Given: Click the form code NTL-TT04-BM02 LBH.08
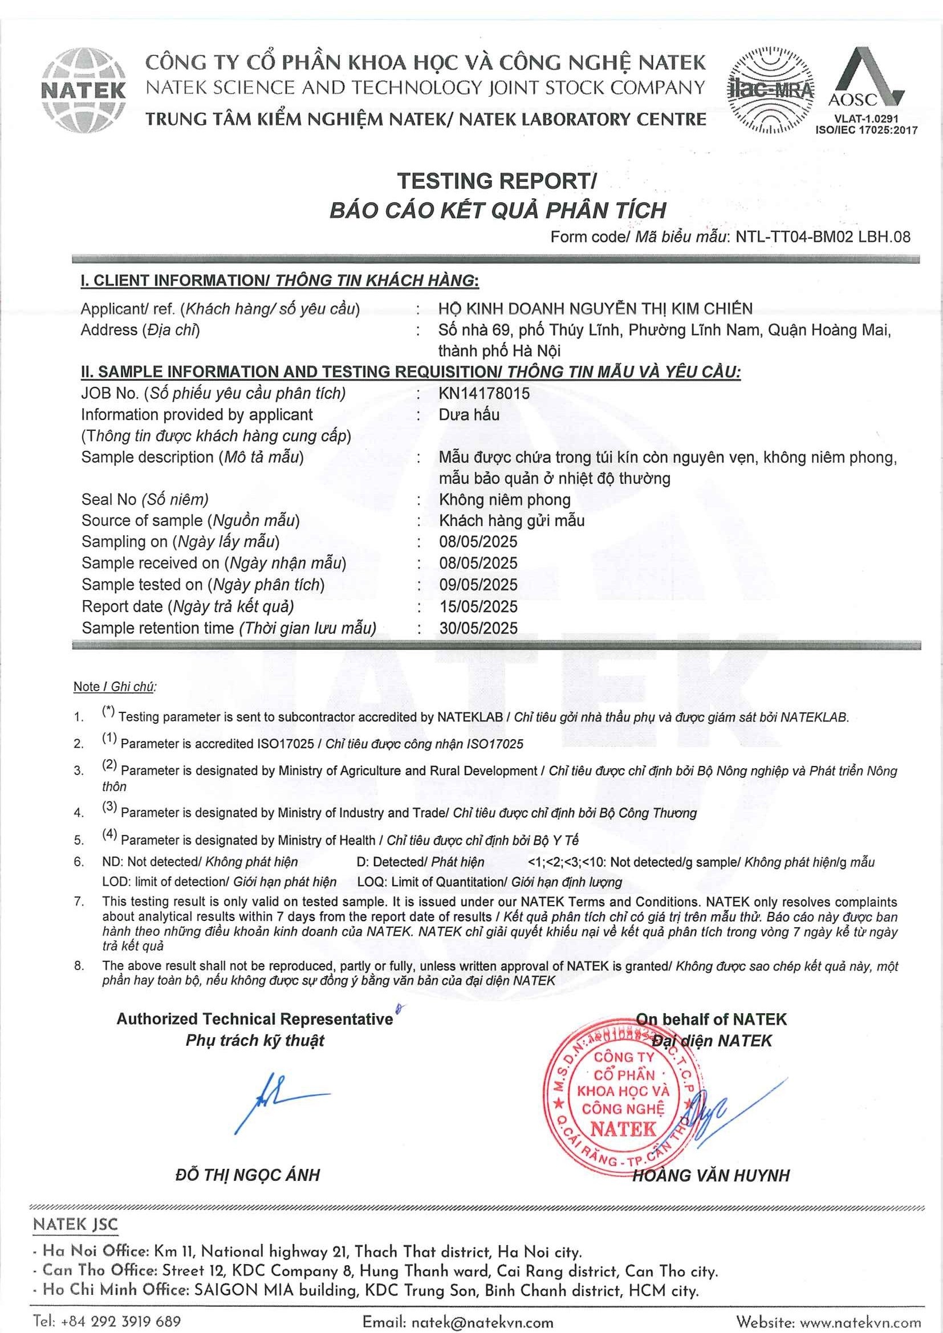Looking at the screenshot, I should tap(822, 237).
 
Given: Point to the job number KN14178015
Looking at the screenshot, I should tap(484, 394).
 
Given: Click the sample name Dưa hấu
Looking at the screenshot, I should tap(469, 414).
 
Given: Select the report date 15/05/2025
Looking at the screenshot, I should tap(478, 607).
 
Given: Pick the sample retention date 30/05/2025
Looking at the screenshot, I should tap(478, 628).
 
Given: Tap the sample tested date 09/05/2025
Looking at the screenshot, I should tap(478, 585).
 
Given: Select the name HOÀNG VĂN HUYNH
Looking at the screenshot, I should tap(711, 1176).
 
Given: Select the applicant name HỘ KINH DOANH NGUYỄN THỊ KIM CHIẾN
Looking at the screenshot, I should tap(595, 309).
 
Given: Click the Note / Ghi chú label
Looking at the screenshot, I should tap(115, 687).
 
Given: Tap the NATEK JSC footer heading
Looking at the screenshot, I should tap(75, 1225).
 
